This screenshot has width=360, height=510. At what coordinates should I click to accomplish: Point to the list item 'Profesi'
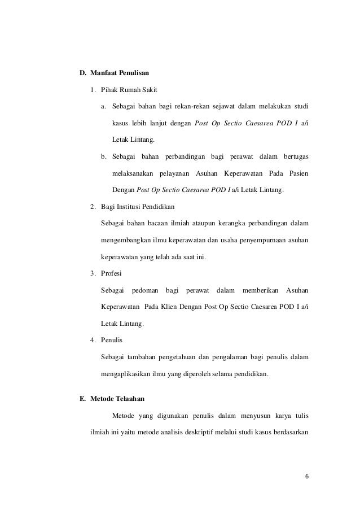[112, 274]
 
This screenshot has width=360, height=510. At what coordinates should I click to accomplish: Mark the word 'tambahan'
[143, 356]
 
